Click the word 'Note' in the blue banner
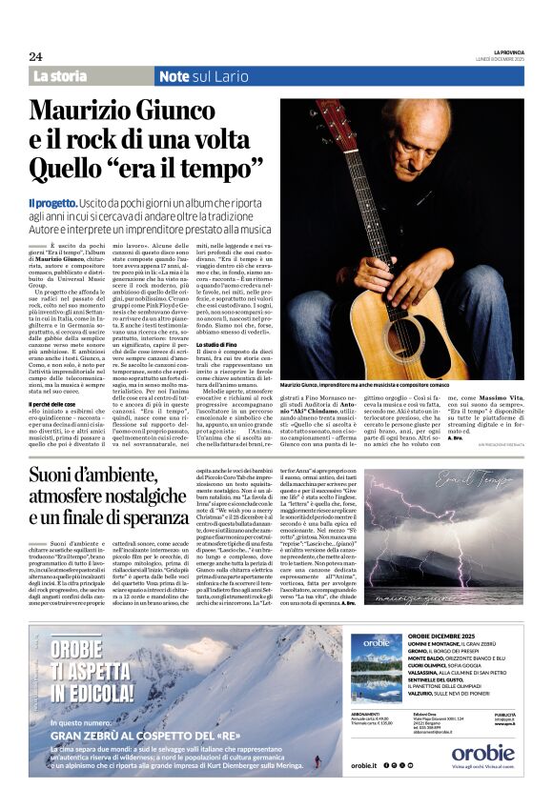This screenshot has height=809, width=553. [x=174, y=75]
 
